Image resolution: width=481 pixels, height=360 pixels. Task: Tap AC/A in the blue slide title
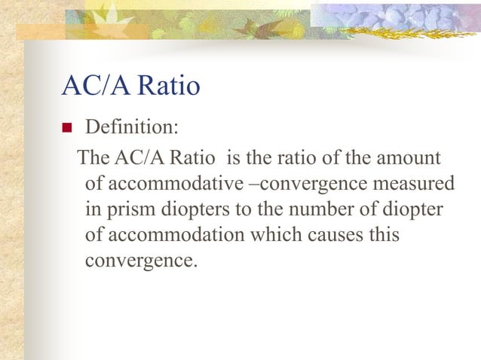[x=93, y=87]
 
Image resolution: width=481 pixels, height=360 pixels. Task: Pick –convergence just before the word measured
[x=310, y=185]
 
